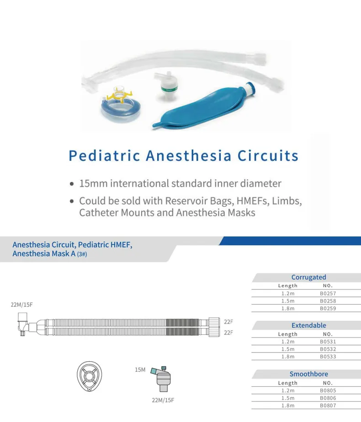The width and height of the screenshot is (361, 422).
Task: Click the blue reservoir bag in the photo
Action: click(201, 106)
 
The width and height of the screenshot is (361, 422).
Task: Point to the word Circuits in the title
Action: click(268, 155)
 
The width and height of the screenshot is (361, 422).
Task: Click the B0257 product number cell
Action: click(328, 294)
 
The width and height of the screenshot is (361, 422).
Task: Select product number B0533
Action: click(328, 357)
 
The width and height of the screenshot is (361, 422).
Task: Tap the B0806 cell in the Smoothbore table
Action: click(328, 398)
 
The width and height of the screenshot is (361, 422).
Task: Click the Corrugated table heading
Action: click(308, 277)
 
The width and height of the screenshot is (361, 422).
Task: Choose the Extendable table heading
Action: click(308, 326)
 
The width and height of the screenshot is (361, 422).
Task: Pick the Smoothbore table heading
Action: click(308, 374)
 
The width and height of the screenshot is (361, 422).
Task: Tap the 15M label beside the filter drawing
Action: click(140, 369)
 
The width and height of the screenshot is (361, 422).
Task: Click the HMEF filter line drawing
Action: click(163, 378)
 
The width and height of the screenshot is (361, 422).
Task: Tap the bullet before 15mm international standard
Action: click(72, 184)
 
